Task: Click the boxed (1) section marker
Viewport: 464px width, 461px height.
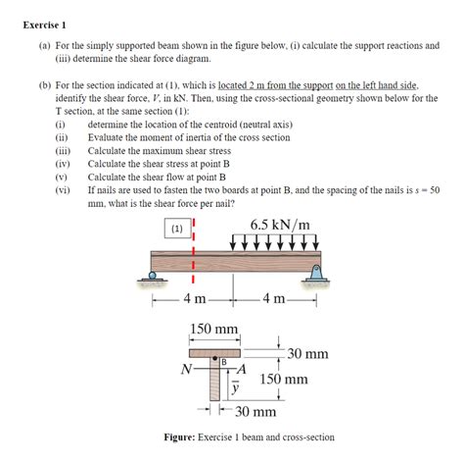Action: pos(177,229)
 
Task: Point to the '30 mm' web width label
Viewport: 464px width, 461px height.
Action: pos(255,413)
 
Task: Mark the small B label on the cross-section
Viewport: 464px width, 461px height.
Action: pos(224,363)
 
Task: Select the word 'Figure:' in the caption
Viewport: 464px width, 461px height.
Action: pos(183,437)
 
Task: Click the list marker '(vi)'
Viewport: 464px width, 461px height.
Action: pos(62,190)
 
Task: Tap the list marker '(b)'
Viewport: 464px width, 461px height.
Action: pos(45,86)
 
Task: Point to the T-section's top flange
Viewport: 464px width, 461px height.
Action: pos(214,352)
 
